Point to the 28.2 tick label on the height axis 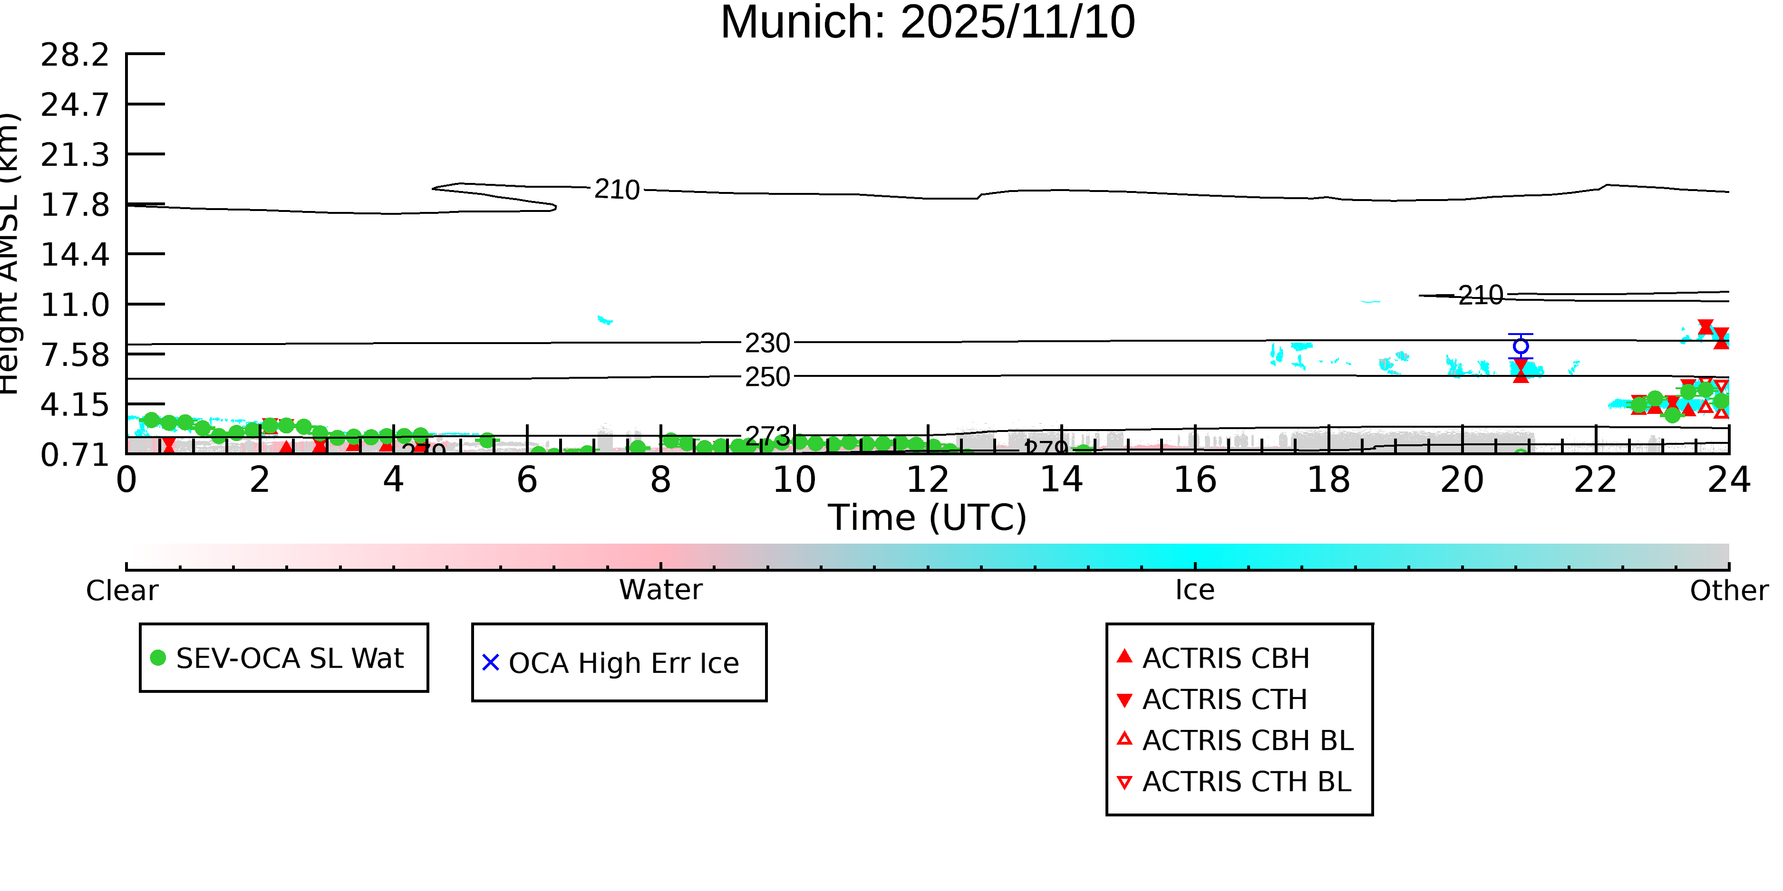(x=75, y=55)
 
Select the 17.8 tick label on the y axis (x=75, y=205)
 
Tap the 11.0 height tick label (x=75, y=305)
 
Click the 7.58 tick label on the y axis (x=75, y=355)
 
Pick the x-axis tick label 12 (x=928, y=480)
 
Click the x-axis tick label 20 (x=1462, y=480)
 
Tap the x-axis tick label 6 (x=527, y=480)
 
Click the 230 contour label (x=767, y=343)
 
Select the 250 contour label (x=767, y=377)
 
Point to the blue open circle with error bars (x=1520, y=346)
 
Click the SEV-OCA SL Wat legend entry (x=284, y=658)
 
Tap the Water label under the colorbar (x=660, y=590)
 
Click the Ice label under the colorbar (x=1195, y=590)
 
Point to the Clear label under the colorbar (x=122, y=591)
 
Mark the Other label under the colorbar (x=1728, y=591)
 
